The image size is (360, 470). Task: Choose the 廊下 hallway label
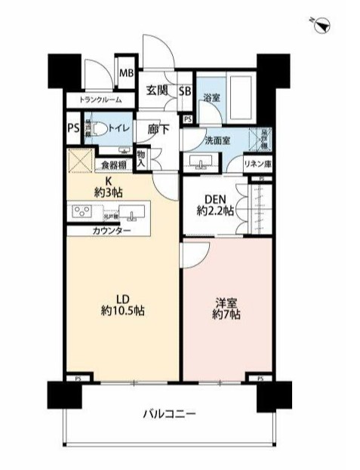tap(158, 130)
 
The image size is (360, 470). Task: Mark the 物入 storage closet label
tap(142, 158)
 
